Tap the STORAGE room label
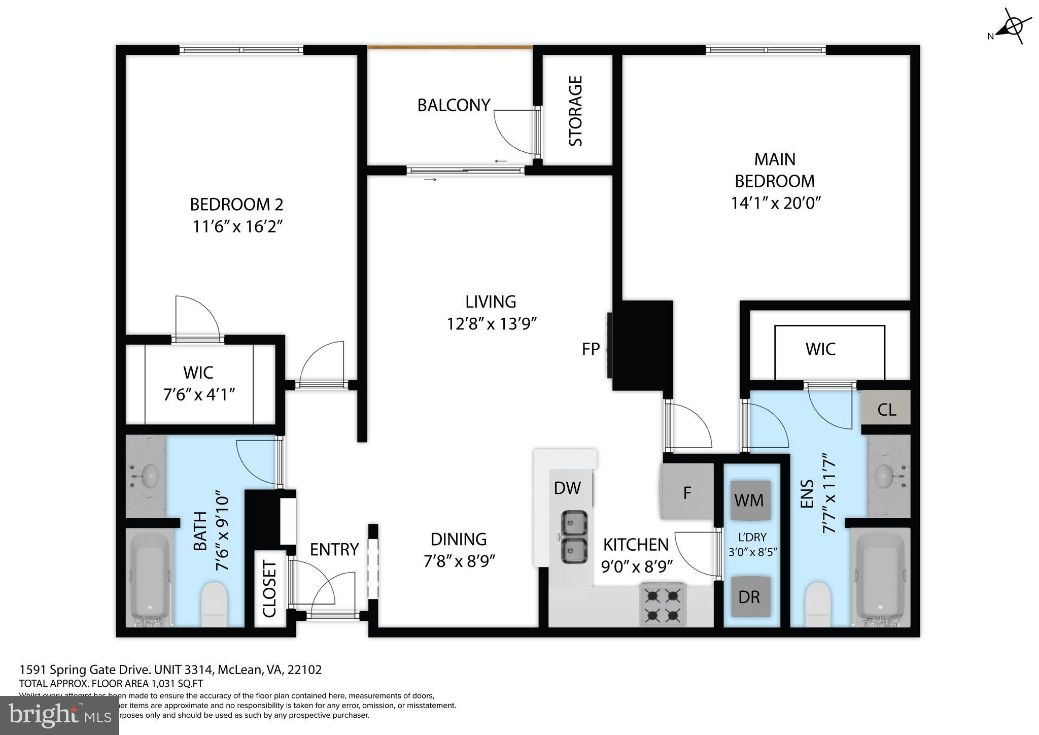(575, 111)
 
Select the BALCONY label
(454, 105)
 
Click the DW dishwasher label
(567, 488)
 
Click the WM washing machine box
(749, 500)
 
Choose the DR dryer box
(749, 597)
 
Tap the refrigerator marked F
(687, 492)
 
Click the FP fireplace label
(591, 349)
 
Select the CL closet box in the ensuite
(886, 409)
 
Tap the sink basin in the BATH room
(150, 476)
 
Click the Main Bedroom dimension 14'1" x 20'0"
(775, 203)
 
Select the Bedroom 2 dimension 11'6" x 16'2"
(237, 226)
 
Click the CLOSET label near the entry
(269, 589)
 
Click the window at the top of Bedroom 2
(241, 50)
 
